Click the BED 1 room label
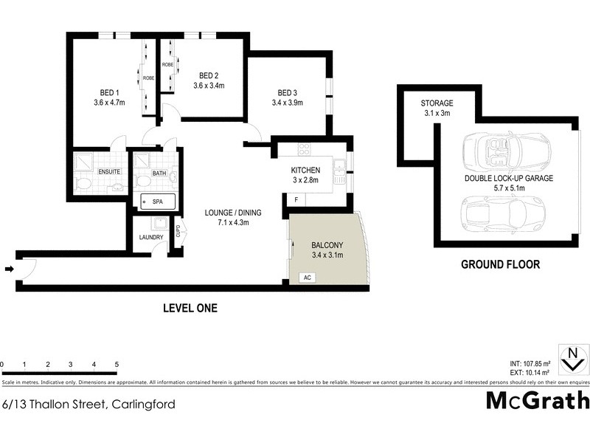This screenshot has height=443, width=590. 110,92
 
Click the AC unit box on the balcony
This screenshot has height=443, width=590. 306,278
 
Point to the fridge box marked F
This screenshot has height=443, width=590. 296,200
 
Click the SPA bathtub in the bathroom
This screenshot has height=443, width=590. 156,202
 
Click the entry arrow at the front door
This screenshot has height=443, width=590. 8,269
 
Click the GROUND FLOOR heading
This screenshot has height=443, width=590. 500,264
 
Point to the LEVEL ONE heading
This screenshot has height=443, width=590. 190,308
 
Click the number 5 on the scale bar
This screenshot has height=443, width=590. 117,365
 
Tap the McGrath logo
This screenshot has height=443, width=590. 538,401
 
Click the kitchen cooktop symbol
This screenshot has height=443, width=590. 304,150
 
